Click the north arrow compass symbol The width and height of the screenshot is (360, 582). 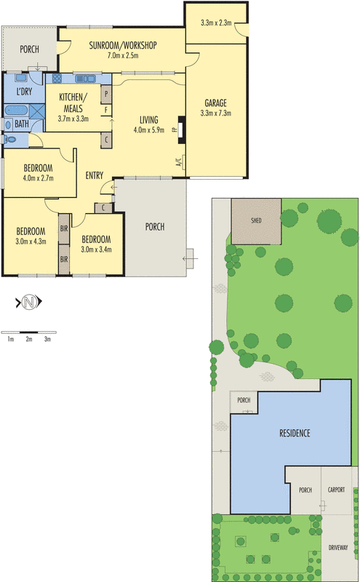click(28, 301)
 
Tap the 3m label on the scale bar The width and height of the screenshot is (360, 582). click(47, 339)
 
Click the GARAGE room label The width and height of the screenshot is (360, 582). click(216, 103)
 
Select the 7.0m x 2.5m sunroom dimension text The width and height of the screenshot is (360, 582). click(123, 55)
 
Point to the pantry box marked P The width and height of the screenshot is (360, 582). click(106, 93)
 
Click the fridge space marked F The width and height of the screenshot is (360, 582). click(106, 111)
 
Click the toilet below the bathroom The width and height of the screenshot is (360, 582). click(9, 138)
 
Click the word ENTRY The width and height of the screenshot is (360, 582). click(95, 175)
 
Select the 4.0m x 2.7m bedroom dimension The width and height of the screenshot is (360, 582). click(39, 177)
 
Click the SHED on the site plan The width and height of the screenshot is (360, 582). click(256, 220)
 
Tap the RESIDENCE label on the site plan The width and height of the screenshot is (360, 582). click(295, 434)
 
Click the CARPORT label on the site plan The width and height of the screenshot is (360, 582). click(336, 490)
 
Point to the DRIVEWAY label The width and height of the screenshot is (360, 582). click(337, 547)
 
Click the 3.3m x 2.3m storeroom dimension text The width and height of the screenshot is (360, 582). click(215, 23)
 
